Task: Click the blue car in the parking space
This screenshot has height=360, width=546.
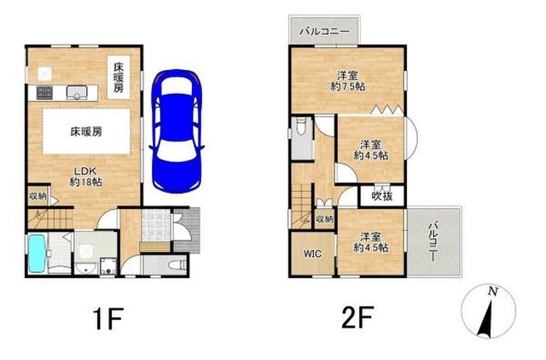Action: (177, 131)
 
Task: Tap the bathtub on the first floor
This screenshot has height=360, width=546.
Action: (37, 253)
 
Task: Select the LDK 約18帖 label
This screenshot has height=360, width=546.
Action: (85, 177)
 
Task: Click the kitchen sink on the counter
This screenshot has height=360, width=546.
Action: (77, 92)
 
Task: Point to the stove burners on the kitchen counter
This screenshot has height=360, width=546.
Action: (44, 92)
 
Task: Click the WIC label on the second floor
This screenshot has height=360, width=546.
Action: (312, 253)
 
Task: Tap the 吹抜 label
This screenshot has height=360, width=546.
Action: (382, 196)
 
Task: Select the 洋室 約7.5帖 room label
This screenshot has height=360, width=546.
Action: (348, 81)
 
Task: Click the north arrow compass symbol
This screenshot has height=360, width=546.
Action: (488, 311)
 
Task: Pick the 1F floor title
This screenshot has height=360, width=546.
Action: (108, 318)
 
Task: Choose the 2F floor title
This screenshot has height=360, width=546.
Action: (357, 317)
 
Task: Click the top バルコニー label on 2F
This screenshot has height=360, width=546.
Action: (324, 32)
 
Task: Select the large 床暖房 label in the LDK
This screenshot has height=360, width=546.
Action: (86, 131)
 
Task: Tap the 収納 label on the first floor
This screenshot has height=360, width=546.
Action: (38, 196)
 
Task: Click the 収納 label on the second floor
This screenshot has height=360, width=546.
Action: (324, 219)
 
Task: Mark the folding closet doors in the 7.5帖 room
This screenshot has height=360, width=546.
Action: (387, 110)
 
